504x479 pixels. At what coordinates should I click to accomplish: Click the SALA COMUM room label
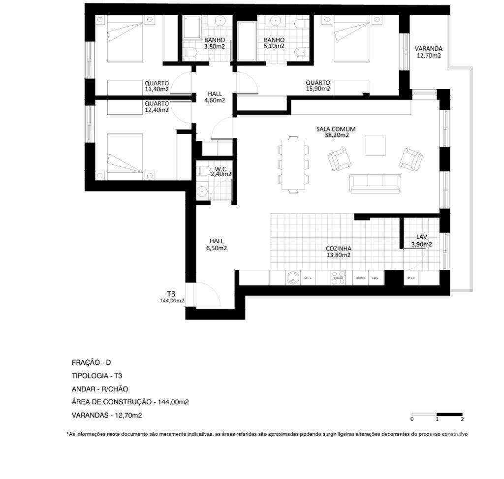pyautogui.click(x=336, y=132)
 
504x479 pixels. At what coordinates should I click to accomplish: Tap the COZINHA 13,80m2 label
pyautogui.click(x=338, y=252)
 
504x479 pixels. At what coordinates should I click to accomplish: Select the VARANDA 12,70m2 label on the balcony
pyautogui.click(x=428, y=52)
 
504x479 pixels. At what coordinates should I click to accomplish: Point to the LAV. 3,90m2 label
pyautogui.click(x=422, y=241)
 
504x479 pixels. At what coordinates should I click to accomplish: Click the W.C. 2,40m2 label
pyautogui.click(x=220, y=171)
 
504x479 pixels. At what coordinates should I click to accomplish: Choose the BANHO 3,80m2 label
pyautogui.click(x=215, y=43)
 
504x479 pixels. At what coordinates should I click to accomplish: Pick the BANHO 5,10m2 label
pyautogui.click(x=274, y=43)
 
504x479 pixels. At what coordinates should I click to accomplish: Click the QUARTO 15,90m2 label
pyautogui.click(x=317, y=86)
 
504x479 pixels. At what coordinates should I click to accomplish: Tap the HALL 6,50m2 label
pyautogui.click(x=217, y=245)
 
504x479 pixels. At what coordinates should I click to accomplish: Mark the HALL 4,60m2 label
pyautogui.click(x=215, y=97)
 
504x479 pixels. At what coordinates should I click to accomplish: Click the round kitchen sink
pyautogui.click(x=293, y=278)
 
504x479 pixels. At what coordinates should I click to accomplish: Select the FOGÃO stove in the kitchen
pyautogui.click(x=338, y=278)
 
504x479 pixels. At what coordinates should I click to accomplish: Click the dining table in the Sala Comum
pyautogui.click(x=293, y=164)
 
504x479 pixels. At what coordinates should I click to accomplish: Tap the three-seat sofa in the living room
pyautogui.click(x=375, y=183)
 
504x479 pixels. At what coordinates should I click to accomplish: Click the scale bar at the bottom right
pyautogui.click(x=437, y=415)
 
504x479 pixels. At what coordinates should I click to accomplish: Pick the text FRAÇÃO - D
pyautogui.click(x=92, y=362)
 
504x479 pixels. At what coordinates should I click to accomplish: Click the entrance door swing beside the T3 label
pyautogui.click(x=207, y=296)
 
